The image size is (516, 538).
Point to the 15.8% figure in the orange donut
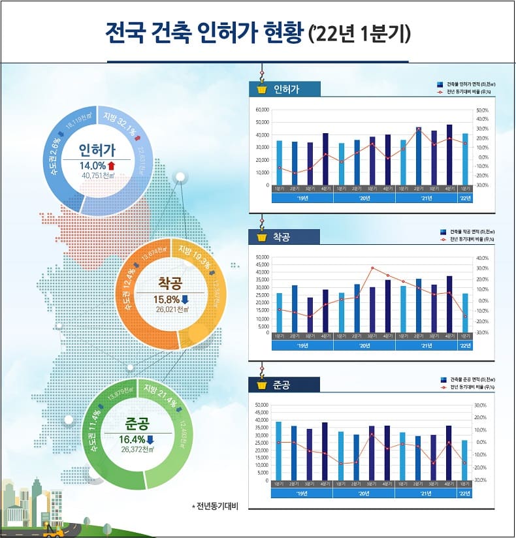click(x=166, y=299)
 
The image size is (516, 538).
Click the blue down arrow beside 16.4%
click(x=150, y=439)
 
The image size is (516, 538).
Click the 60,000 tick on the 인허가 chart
click(x=263, y=110)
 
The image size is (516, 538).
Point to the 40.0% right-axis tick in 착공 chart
click(x=481, y=258)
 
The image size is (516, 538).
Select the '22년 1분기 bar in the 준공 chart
click(x=465, y=460)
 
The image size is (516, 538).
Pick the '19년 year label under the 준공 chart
click(x=302, y=493)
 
